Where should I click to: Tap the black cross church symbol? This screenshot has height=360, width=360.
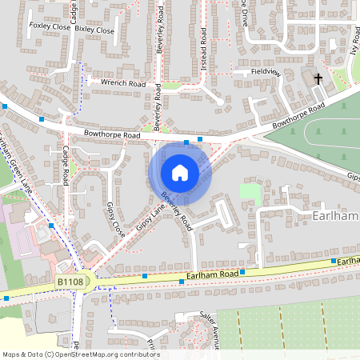click(x=318, y=78)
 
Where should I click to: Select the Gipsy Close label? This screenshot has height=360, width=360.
click(x=116, y=219)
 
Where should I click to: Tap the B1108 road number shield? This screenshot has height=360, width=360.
click(x=70, y=282)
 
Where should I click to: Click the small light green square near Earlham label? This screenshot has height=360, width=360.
click(x=250, y=192)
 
